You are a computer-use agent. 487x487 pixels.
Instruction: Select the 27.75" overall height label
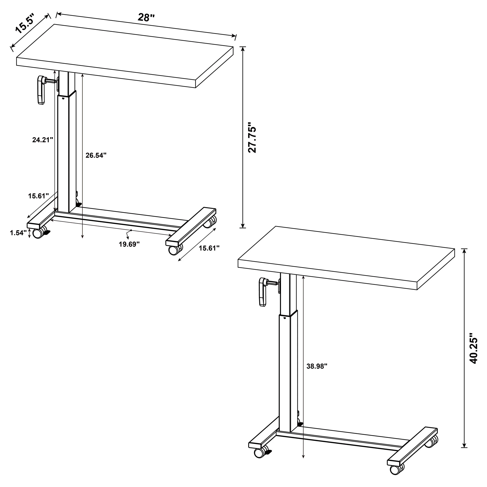pos(252,138)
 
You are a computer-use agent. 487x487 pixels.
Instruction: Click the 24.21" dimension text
pos(43,140)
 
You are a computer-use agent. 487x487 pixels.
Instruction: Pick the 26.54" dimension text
pos(96,155)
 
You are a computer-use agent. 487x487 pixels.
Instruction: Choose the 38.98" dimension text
pos(317,366)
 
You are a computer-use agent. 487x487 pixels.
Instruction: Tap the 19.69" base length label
pos(129,244)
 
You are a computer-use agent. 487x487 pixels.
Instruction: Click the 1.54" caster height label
pos(18,233)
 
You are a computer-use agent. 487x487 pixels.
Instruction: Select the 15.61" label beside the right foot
pos(209,248)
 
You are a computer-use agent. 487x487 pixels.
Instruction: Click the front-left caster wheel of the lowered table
pos(38,234)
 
